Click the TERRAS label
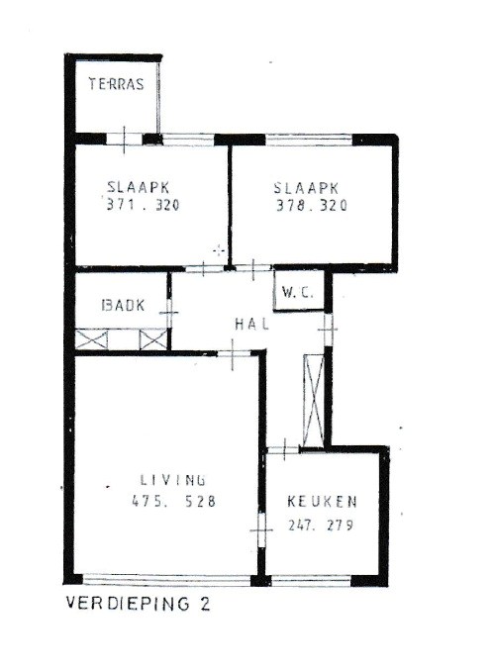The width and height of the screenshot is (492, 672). [118, 84]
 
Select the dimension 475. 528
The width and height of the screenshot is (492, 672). [174, 502]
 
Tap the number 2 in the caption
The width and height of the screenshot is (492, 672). [205, 602]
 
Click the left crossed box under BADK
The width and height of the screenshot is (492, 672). [92, 338]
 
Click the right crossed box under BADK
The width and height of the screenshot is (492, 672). [153, 338]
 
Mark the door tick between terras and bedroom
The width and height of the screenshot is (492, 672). [123, 138]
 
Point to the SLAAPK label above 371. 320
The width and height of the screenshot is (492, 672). [141, 186]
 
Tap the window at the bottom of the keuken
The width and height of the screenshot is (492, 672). [317, 581]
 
